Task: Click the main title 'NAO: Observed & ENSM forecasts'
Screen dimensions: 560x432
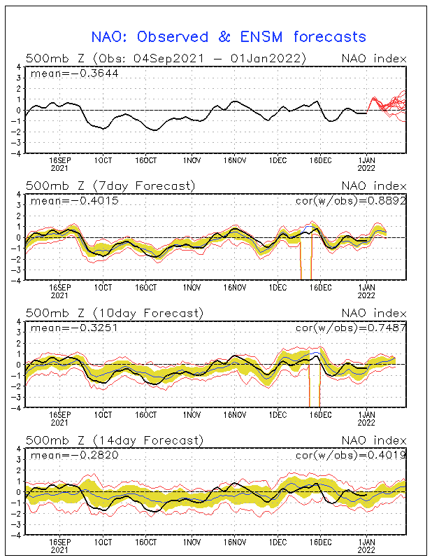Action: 229,36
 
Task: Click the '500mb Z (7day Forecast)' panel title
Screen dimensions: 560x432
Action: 110,185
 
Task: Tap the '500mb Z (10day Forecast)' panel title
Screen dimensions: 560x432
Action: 113,313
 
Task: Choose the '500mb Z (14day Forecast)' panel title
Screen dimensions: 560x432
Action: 113,440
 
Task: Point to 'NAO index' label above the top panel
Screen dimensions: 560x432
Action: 373,58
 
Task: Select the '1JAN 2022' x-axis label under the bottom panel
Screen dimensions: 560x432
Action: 368,545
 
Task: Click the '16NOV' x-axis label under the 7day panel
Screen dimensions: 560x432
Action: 234,287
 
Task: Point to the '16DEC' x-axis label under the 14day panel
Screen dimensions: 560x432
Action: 321,542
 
